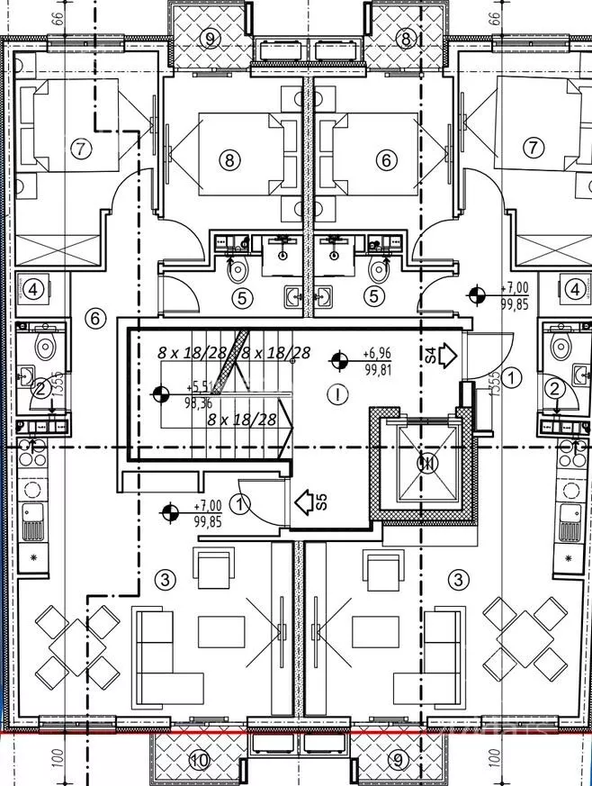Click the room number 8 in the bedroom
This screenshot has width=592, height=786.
coord(231,160)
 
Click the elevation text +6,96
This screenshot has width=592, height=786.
coord(377,354)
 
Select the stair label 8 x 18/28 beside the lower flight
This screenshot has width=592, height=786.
coord(241,419)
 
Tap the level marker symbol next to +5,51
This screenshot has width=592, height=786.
coord(162,393)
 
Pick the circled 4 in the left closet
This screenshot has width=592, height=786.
coord(32,290)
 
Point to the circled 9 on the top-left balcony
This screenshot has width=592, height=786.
coord(210,38)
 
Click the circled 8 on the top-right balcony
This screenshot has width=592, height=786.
coord(405,38)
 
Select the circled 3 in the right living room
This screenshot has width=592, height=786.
coord(459,580)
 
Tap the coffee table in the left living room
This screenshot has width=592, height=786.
coord(222,628)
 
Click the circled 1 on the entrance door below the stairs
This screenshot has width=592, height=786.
coord(240,504)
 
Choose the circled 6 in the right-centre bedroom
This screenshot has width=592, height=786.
coord(386,160)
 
